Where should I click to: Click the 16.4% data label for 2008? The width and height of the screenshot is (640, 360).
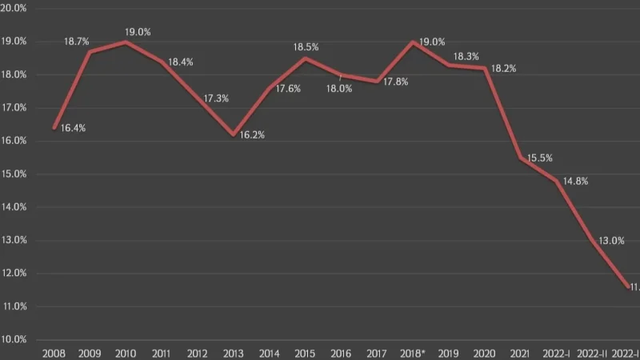click(x=73, y=128)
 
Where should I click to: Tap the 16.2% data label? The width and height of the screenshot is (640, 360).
click(x=252, y=135)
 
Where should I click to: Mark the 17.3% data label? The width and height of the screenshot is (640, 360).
click(x=216, y=98)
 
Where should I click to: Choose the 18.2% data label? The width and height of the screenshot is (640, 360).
click(x=503, y=69)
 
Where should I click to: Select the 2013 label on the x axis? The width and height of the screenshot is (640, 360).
click(x=233, y=353)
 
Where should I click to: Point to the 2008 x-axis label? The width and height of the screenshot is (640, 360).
click(x=54, y=353)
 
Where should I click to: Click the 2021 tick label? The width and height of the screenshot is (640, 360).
click(x=521, y=353)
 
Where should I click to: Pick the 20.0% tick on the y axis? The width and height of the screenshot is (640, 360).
click(x=16, y=7)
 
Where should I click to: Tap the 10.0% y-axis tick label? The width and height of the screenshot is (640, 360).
click(x=16, y=340)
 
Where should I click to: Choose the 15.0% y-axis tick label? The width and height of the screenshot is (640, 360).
click(x=16, y=174)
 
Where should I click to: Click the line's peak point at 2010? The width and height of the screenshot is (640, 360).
click(x=126, y=42)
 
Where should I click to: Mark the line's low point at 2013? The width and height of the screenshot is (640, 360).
click(x=234, y=134)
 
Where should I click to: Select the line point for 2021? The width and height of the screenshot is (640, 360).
click(x=521, y=158)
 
